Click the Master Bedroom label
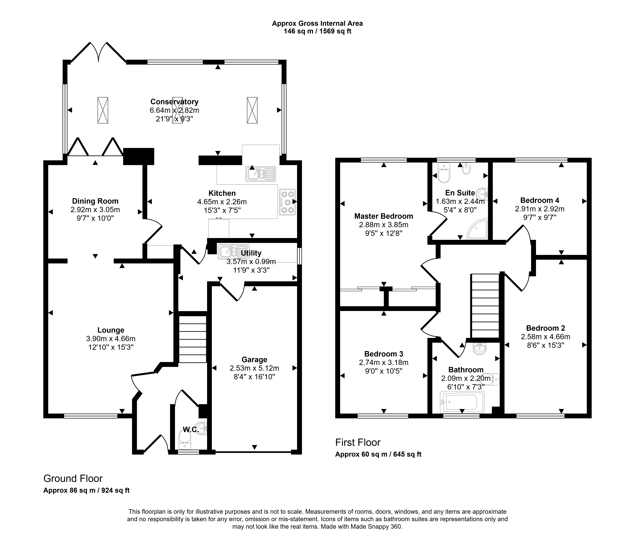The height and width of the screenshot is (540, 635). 384,216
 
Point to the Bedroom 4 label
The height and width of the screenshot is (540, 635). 540,200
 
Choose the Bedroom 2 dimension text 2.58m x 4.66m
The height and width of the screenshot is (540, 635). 546,337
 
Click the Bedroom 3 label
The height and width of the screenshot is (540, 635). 384,354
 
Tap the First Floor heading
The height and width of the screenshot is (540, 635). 358,442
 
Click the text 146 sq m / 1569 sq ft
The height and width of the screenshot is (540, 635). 317,31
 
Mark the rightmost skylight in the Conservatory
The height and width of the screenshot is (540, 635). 252,110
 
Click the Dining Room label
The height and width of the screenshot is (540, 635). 95,201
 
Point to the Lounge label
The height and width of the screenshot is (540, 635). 111,330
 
